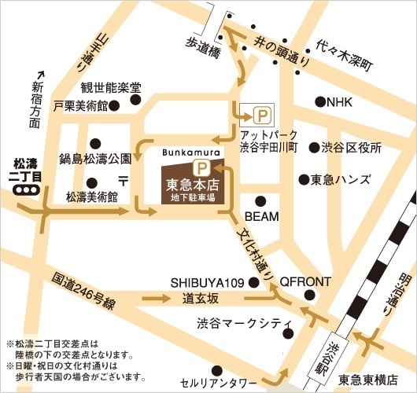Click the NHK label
click(x=341, y=101)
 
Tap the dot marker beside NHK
click(x=320, y=101)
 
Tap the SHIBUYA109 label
click(x=207, y=282)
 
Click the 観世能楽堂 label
click(x=110, y=87)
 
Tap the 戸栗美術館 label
click(x=79, y=104)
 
